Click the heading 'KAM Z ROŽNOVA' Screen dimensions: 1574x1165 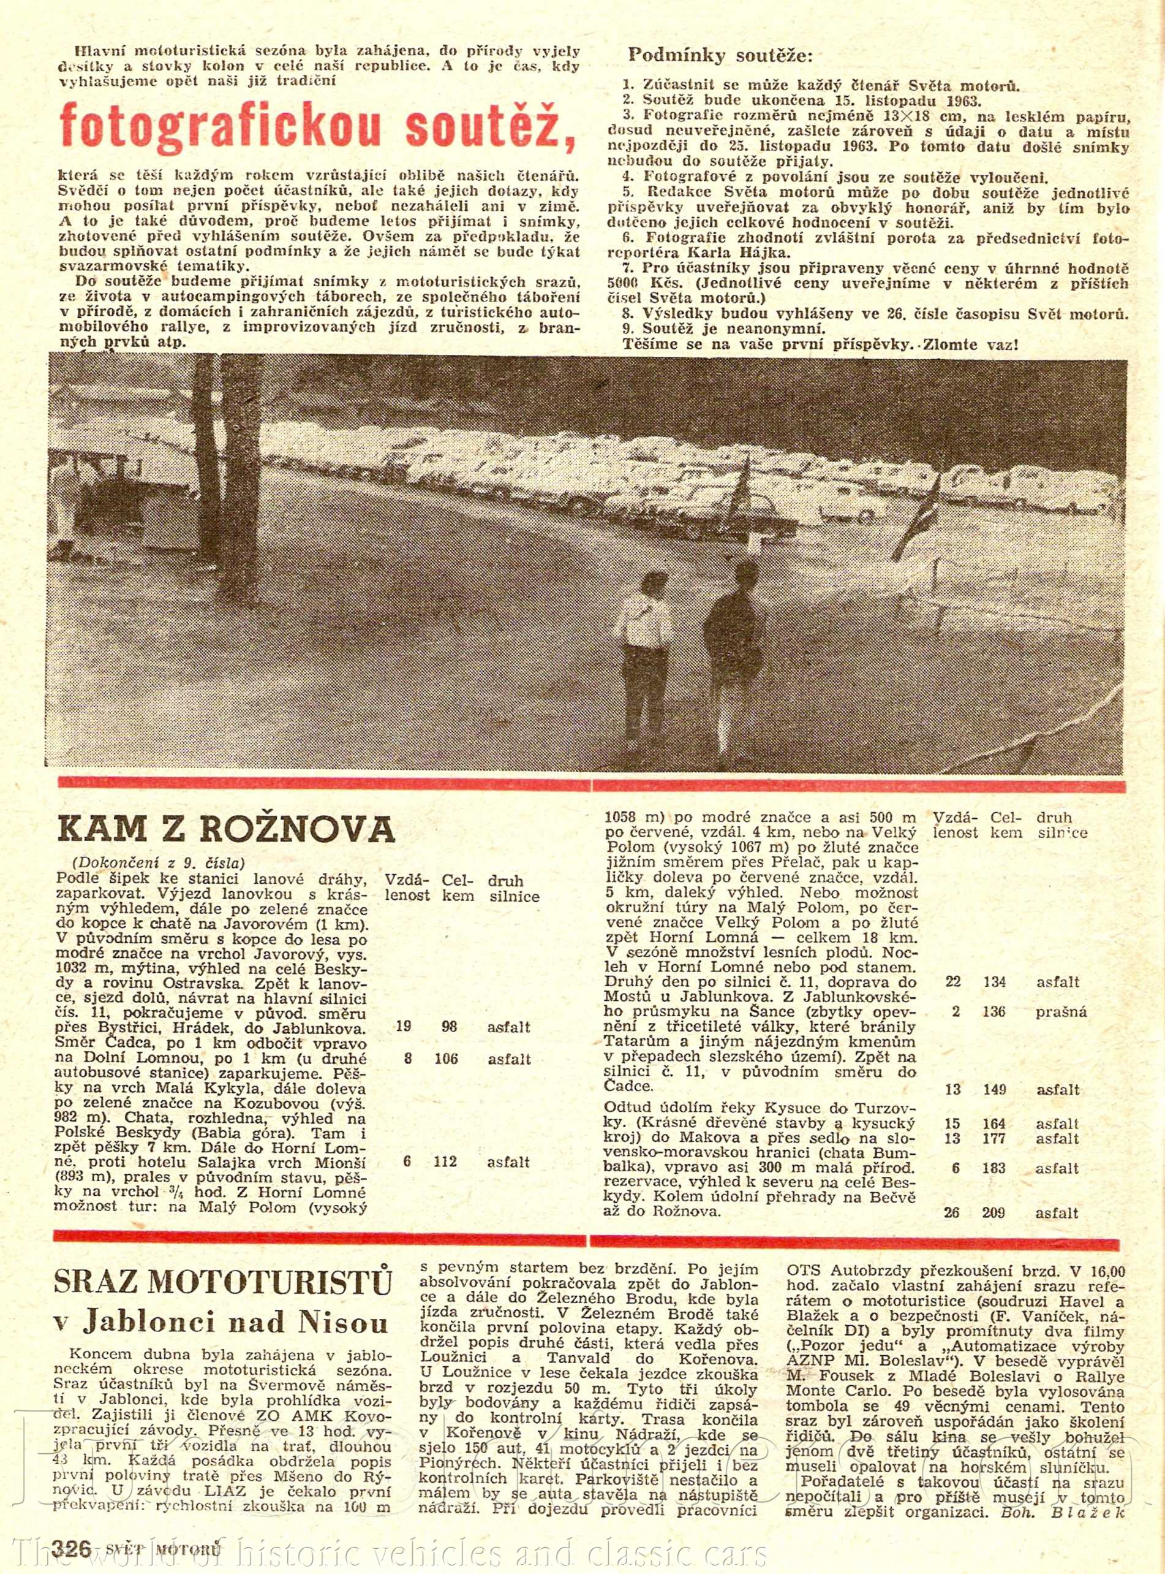tap(225, 829)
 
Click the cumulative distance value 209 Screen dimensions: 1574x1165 tap(993, 1213)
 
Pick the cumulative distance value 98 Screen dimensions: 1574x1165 tap(449, 1027)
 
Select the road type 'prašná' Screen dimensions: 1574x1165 tap(1061, 1012)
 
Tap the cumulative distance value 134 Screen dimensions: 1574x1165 tap(994, 981)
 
